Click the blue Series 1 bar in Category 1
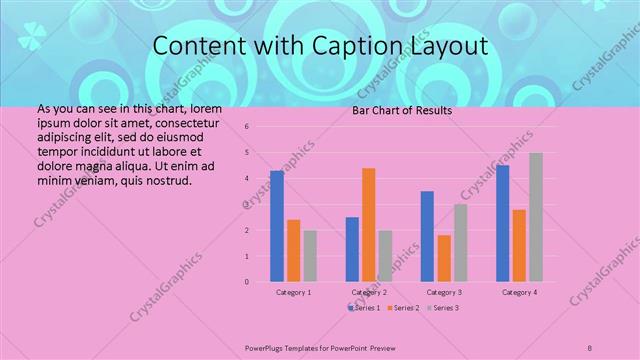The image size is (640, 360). pos(277,226)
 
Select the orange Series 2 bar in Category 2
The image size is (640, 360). pos(369,225)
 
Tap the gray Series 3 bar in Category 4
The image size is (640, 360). pos(536,217)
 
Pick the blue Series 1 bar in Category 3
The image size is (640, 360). pos(427,236)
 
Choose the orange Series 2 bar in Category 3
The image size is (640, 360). pos(444,258)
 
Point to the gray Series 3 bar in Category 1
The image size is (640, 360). pos(310,256)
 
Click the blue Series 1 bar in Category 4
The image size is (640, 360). pos(502,223)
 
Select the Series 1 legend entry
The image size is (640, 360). pos(366,307)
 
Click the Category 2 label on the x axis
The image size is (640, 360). pos(369,292)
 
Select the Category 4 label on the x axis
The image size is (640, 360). pos(519,292)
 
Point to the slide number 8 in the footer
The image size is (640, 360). pos(590,348)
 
